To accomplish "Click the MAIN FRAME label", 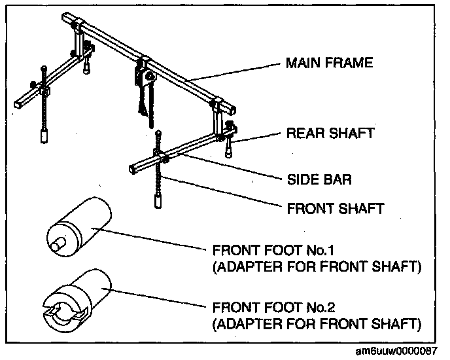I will (x=329, y=63).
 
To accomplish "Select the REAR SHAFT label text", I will (x=331, y=134).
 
